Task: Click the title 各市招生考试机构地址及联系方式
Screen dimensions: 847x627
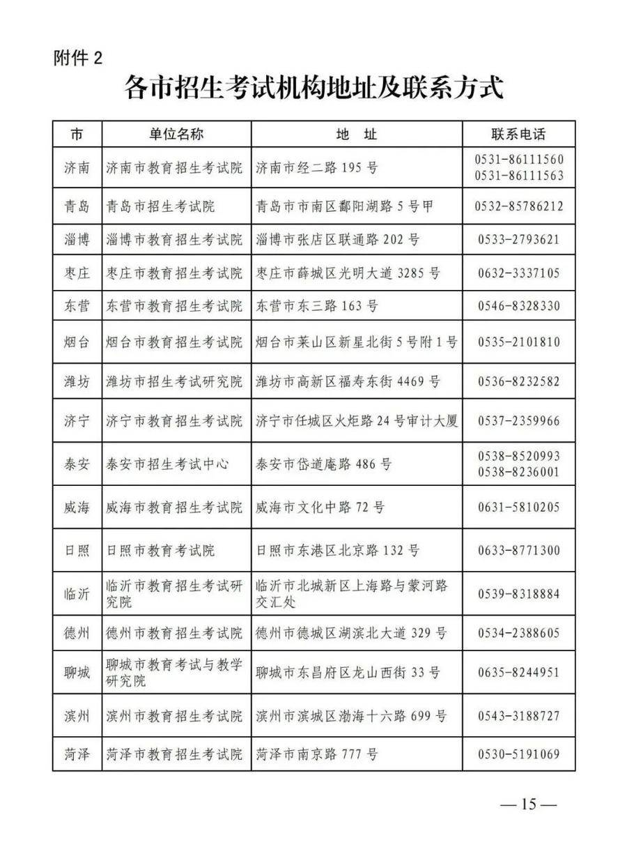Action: coord(313,90)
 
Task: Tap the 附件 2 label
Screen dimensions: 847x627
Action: coord(78,58)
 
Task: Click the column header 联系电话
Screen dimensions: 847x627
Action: coord(518,134)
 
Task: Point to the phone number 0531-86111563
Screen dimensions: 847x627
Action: coord(519,176)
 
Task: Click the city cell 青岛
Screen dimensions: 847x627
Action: coord(77,206)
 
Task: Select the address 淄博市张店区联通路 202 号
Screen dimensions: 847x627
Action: coord(338,240)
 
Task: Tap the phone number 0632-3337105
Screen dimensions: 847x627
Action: coord(519,273)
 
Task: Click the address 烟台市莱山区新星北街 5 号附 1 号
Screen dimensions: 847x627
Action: coord(357,342)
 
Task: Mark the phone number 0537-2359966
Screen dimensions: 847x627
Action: coord(519,421)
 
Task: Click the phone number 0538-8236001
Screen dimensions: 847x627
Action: coord(519,472)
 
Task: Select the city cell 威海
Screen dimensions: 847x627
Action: coord(77,507)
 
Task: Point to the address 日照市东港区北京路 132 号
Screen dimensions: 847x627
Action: coord(338,551)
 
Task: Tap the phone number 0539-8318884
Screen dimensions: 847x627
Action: coord(519,594)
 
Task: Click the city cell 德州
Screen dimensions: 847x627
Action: coord(77,634)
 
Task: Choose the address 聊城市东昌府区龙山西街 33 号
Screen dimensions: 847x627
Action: coord(348,673)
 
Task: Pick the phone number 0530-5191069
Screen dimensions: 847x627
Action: coord(519,754)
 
